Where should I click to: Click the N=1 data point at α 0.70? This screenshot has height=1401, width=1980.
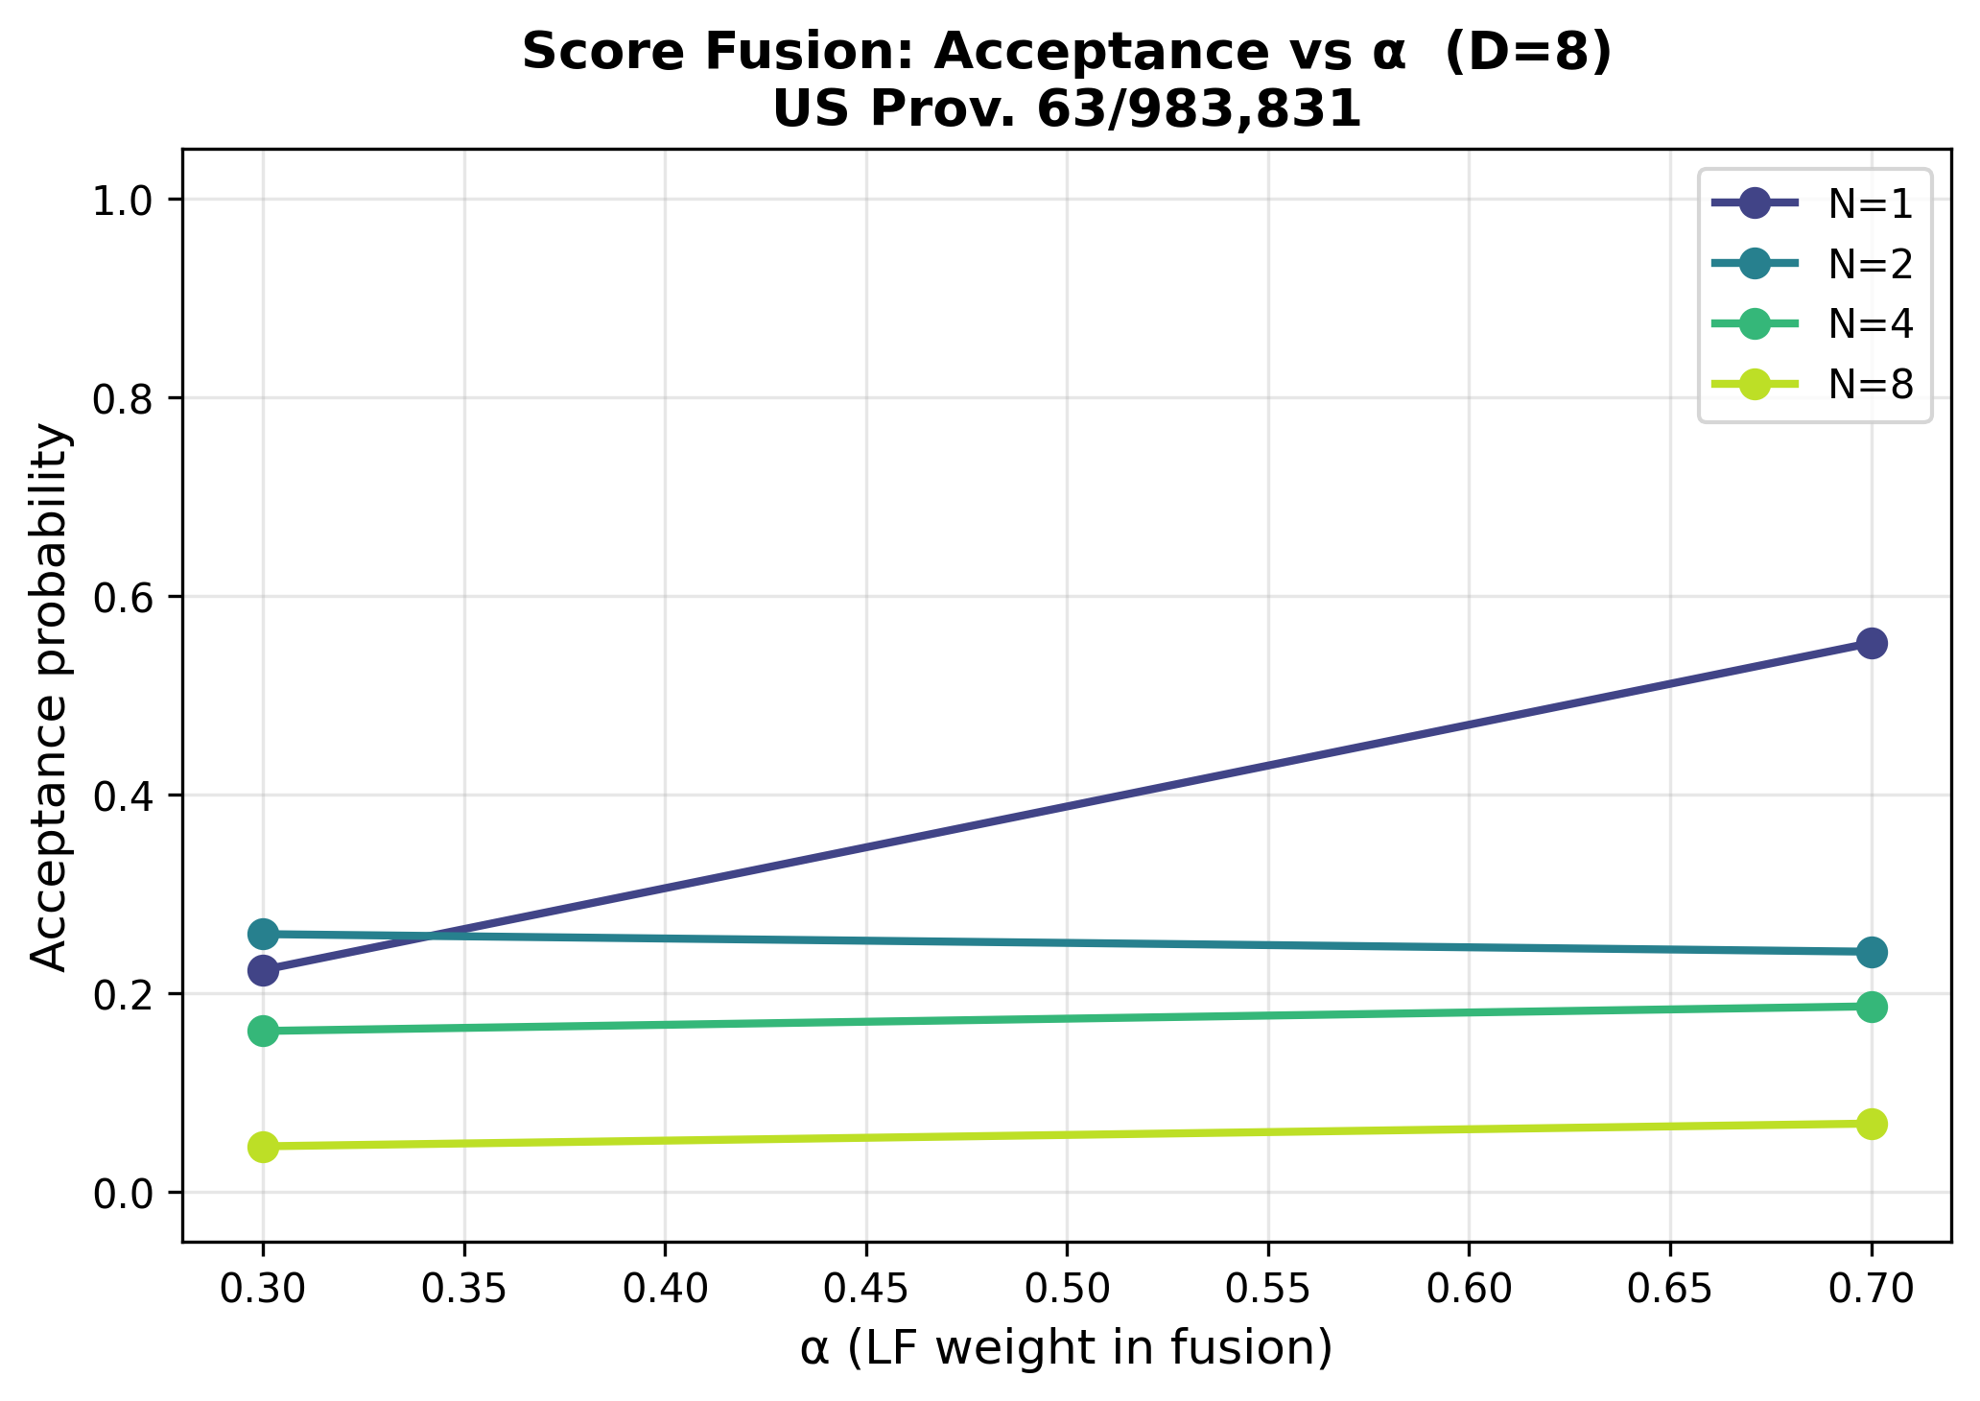click(x=1871, y=643)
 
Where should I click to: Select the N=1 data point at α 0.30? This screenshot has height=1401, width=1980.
click(x=263, y=970)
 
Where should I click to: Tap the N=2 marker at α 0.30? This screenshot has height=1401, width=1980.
click(x=263, y=934)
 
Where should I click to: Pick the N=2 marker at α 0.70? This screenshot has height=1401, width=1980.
click(x=1871, y=952)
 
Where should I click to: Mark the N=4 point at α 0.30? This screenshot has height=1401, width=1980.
click(x=263, y=1032)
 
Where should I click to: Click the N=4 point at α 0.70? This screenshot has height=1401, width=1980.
click(x=1871, y=1007)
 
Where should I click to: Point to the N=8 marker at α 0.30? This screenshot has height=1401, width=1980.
click(x=263, y=1147)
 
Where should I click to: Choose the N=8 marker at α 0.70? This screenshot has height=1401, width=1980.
click(x=1871, y=1124)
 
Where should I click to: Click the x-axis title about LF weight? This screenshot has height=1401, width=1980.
click(x=1067, y=1349)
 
